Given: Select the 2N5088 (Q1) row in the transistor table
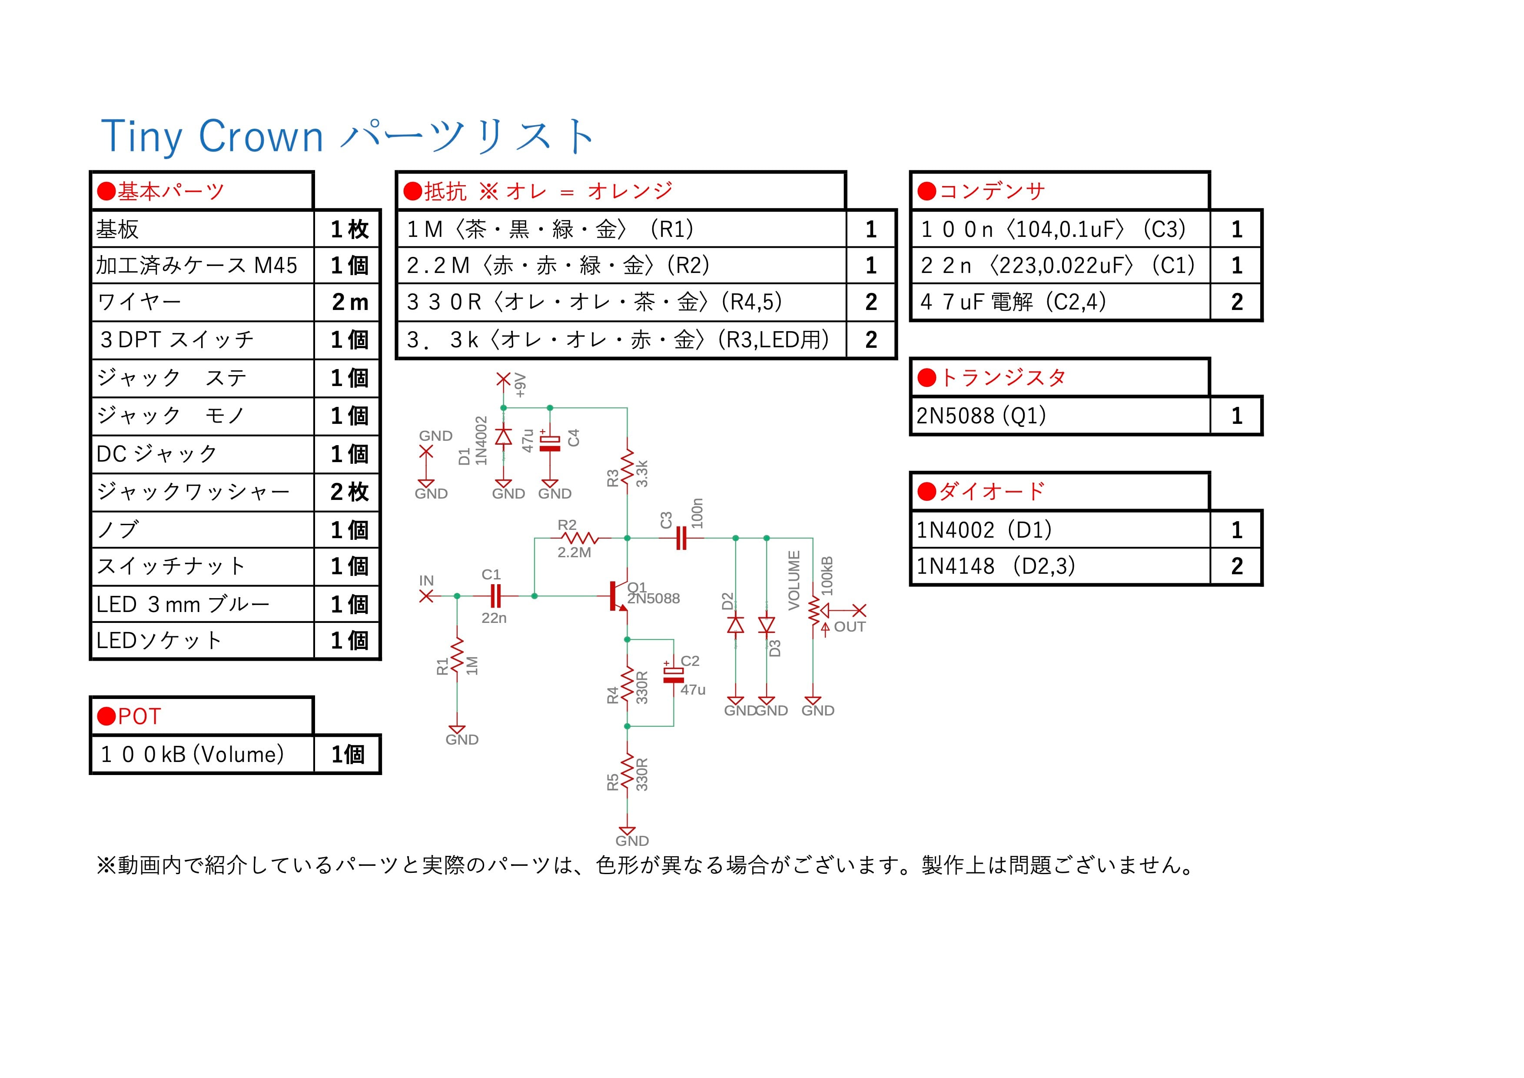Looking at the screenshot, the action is (981, 416).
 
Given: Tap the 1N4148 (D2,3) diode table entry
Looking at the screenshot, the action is (996, 566).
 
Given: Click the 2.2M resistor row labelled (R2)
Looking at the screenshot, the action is (558, 266).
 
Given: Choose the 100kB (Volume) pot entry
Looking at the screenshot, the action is (193, 755).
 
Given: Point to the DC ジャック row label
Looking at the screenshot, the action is (156, 454).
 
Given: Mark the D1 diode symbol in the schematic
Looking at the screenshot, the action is (504, 436).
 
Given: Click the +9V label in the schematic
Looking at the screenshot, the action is (521, 385).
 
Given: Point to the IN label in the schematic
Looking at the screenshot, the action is (426, 581).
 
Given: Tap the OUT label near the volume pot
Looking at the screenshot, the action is (850, 627).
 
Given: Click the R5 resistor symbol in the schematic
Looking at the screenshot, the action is (627, 773).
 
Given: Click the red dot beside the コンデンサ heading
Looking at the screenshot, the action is (926, 191).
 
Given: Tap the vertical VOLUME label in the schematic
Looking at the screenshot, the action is (794, 579).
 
